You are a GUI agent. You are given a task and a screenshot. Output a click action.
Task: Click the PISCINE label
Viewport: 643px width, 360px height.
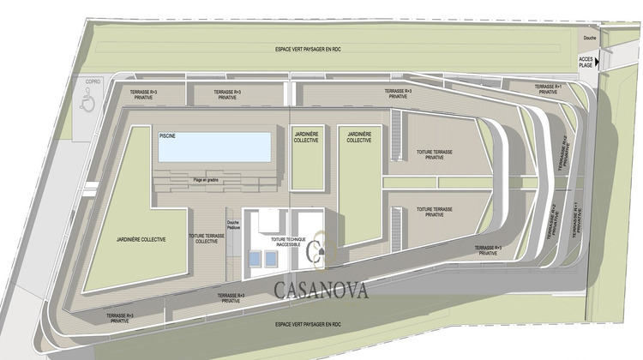pyautogui.click(x=167, y=135)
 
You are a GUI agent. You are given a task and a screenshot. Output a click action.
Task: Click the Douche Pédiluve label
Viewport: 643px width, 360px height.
pyautogui.click(x=233, y=225)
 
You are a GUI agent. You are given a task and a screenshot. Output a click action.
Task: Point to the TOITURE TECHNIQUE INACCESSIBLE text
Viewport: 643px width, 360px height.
pyautogui.click(x=285, y=242)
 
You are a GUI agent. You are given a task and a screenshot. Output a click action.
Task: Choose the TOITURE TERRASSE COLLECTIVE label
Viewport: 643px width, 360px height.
pyautogui.click(x=207, y=238)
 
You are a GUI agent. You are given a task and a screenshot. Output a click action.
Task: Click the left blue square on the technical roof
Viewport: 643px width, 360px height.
pyautogui.click(x=254, y=257)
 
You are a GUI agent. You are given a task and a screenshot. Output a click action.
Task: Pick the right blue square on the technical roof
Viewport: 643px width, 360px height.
pyautogui.click(x=272, y=257)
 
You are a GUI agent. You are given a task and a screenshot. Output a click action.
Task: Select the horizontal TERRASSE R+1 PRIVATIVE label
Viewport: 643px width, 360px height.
pyautogui.click(x=547, y=89)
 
